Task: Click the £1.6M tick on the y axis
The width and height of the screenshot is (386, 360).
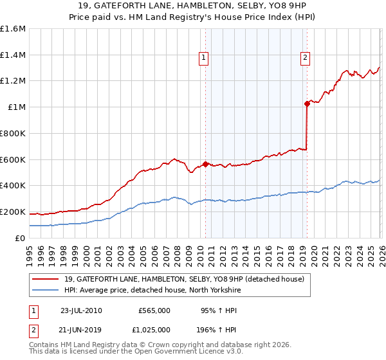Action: tap(13, 29)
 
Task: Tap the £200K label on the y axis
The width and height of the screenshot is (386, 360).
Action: tap(13, 212)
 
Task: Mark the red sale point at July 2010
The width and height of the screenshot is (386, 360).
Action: tap(205, 164)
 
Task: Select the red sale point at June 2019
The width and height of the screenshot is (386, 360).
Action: tap(307, 104)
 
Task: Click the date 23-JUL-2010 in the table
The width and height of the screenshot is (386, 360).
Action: tap(81, 310)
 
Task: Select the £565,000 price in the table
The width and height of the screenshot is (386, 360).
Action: tap(154, 310)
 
